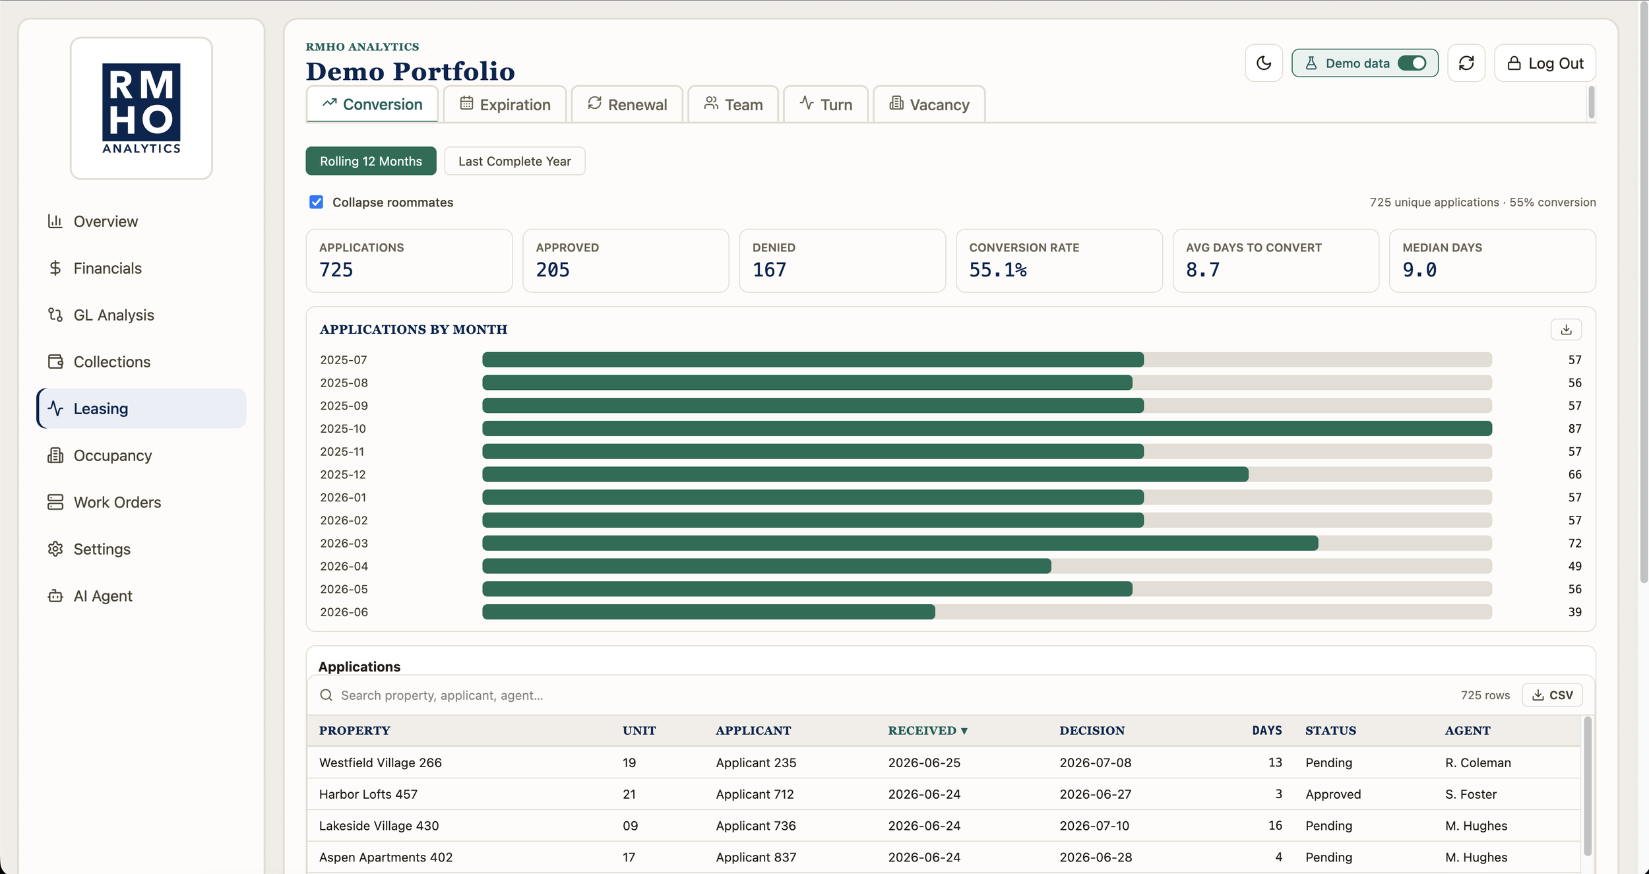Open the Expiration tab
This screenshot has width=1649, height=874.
[505, 104]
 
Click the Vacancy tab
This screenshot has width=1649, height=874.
[929, 104]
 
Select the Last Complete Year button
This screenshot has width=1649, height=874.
[514, 161]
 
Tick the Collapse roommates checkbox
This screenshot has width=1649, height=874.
[317, 202]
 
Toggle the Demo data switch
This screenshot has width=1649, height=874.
[1412, 63]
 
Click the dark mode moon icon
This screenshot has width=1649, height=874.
[1264, 63]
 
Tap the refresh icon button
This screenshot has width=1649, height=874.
[1466, 63]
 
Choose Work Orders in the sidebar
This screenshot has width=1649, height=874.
[117, 502]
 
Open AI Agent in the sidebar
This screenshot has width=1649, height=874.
[103, 596]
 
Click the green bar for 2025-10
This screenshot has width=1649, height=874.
[987, 429]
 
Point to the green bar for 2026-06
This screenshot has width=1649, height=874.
[708, 612]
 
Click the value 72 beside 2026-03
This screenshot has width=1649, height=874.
[1574, 544]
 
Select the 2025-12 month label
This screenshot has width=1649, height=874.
[343, 474]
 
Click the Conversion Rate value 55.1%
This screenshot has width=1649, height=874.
[998, 270]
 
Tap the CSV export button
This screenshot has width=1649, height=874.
[1552, 695]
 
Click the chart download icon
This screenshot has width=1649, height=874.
[1566, 330]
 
